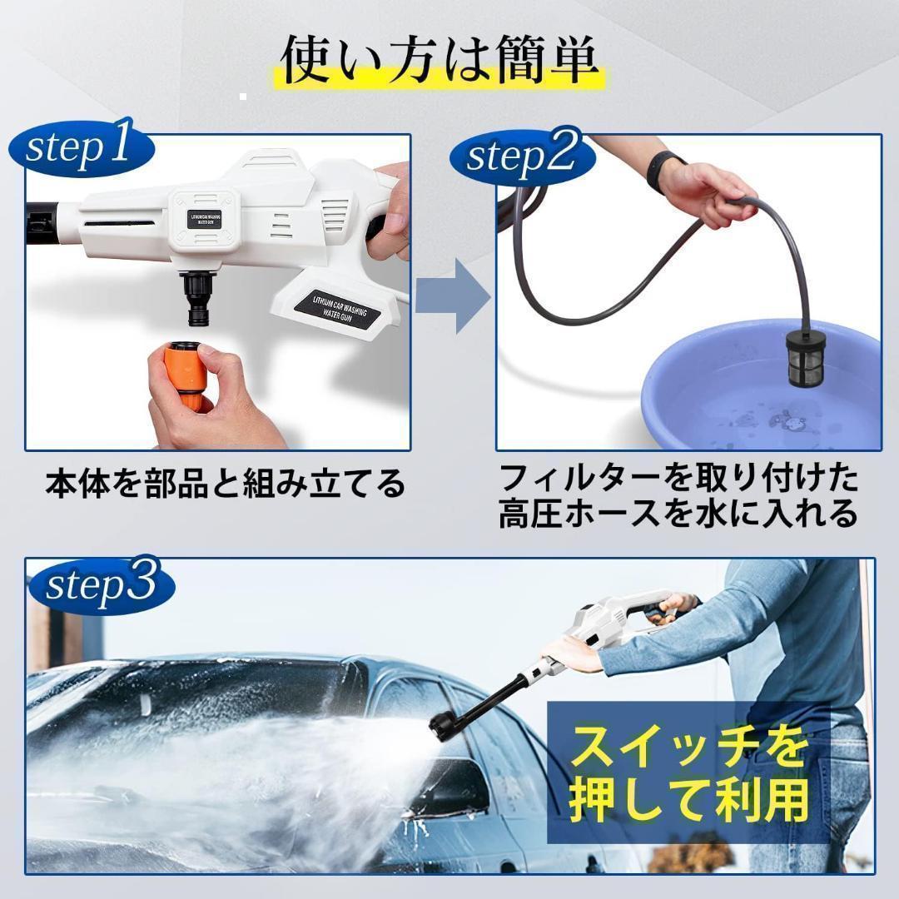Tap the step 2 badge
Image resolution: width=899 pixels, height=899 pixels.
522,156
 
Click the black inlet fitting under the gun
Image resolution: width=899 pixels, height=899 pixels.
198,297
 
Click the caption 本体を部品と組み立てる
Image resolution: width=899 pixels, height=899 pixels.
226,484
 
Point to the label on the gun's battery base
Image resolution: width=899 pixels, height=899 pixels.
339,310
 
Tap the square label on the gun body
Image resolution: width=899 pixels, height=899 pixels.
205,220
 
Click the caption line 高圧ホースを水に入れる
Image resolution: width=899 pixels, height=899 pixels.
678,512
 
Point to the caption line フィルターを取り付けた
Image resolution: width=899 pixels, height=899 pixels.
678,478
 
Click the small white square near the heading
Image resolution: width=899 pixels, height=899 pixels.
243,97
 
